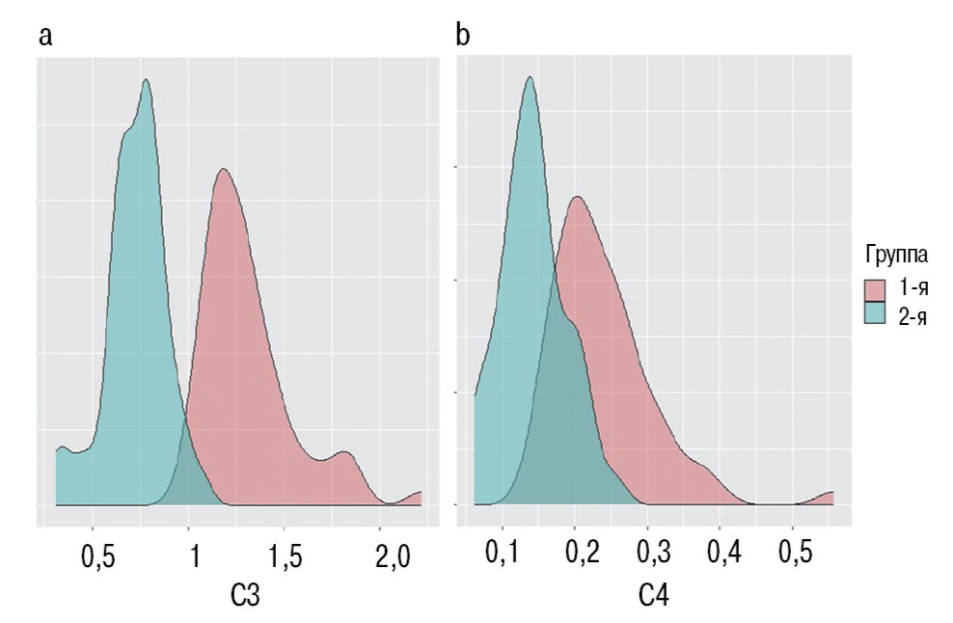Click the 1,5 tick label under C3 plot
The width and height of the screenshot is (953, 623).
(285, 556)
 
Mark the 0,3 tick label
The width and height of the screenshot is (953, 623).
(648, 556)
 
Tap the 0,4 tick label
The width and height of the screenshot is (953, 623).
(721, 556)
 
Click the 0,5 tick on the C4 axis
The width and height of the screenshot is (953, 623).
(793, 556)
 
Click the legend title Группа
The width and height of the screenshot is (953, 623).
(896, 256)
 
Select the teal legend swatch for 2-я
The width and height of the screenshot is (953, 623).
(875, 314)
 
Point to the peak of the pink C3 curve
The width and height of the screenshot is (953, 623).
(223, 170)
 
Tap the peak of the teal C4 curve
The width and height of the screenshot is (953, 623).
(529, 77)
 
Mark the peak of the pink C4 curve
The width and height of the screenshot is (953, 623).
(577, 197)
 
